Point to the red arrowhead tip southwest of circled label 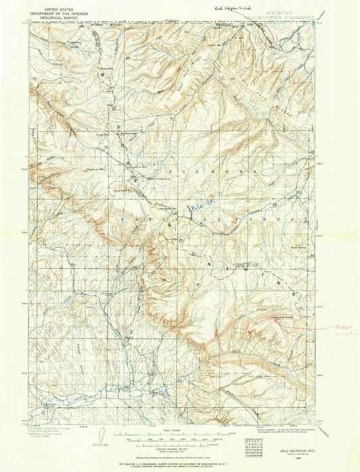[x=250, y=332]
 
